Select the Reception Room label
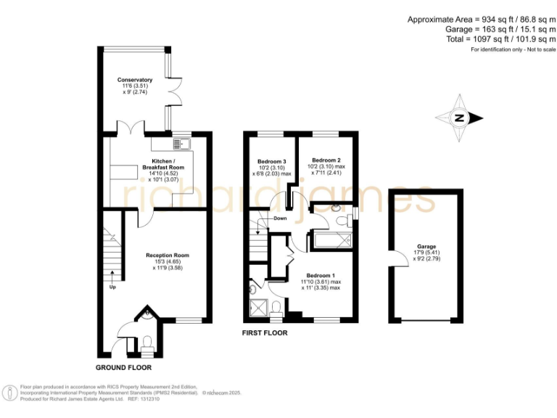click(168, 255)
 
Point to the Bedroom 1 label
click(320, 276)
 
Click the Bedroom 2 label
click(326, 160)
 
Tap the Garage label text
click(426, 246)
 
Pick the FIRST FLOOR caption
click(265, 333)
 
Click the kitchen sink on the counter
click(181, 143)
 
